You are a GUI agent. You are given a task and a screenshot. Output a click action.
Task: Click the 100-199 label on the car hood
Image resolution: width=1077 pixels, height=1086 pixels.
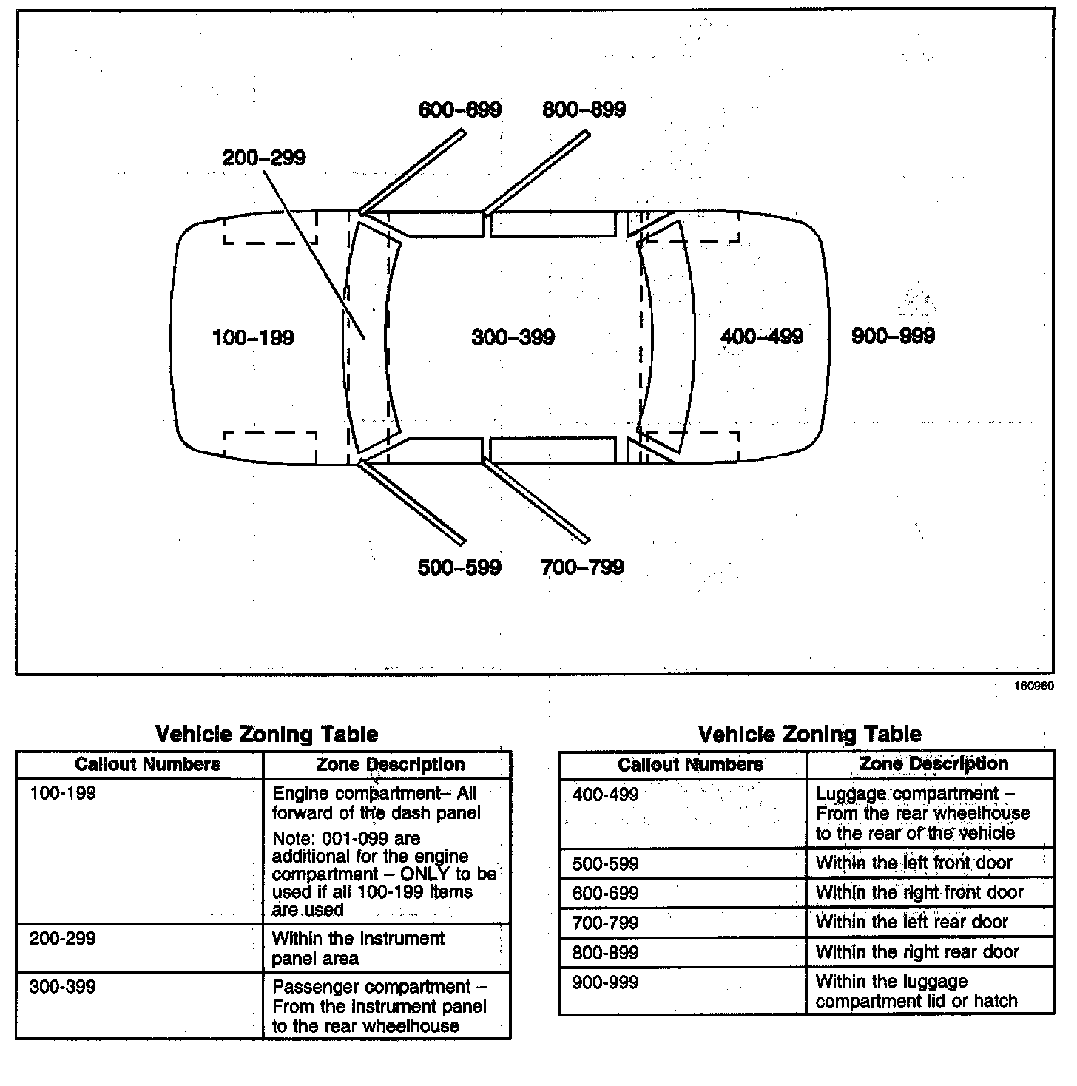(x=253, y=338)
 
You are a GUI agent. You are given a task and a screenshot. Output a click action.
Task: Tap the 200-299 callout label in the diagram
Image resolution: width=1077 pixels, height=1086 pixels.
(x=264, y=158)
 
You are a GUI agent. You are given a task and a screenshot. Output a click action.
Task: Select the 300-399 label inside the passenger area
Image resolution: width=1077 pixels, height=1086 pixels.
(x=513, y=337)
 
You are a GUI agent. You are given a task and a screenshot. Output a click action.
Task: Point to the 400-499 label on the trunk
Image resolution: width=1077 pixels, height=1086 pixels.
(x=762, y=337)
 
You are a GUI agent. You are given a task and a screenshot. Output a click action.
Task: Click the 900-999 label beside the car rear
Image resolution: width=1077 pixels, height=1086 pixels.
(x=893, y=336)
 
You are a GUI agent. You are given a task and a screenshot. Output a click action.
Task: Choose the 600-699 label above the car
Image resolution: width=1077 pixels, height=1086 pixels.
(x=459, y=110)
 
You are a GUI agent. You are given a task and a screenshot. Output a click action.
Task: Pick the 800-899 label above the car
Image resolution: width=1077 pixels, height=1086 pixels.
(x=584, y=110)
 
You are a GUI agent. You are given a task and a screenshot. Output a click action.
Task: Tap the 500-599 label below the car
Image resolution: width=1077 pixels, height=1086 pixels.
(x=459, y=567)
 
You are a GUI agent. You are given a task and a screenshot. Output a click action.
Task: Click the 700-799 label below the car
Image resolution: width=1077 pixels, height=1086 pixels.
(x=582, y=567)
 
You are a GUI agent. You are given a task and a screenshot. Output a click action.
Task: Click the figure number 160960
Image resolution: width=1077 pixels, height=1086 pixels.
(x=1033, y=686)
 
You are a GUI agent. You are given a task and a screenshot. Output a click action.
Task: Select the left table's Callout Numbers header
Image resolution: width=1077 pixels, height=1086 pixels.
(x=147, y=764)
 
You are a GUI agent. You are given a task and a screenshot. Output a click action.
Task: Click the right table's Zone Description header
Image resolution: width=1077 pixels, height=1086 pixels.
(x=933, y=764)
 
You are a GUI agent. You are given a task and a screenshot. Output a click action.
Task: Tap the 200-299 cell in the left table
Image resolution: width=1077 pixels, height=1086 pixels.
(x=63, y=939)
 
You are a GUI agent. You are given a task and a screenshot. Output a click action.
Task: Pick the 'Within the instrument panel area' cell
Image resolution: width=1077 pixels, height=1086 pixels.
(x=358, y=948)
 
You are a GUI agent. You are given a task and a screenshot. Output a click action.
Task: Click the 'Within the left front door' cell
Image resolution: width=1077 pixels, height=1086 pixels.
(x=914, y=863)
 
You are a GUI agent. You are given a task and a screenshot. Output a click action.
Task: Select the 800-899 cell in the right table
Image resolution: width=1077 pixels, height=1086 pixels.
(x=605, y=953)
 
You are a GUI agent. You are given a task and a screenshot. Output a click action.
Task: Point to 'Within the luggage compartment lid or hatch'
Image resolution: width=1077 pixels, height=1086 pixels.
(x=916, y=991)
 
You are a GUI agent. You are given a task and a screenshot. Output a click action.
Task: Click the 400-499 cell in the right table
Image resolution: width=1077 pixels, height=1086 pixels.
(x=605, y=795)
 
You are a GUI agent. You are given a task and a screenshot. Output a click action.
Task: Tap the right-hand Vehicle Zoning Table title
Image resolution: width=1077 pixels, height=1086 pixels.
(x=809, y=734)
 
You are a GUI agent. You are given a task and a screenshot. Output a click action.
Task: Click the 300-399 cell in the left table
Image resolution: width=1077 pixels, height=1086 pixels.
(x=63, y=987)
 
